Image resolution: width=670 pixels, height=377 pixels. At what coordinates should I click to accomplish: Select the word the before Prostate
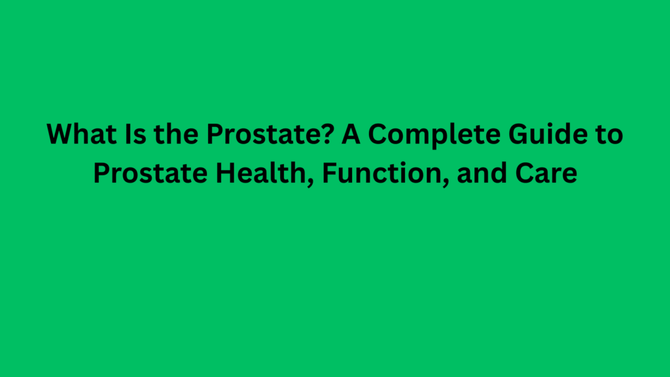point(170,135)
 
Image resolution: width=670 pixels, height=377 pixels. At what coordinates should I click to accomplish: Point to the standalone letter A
point(351,135)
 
